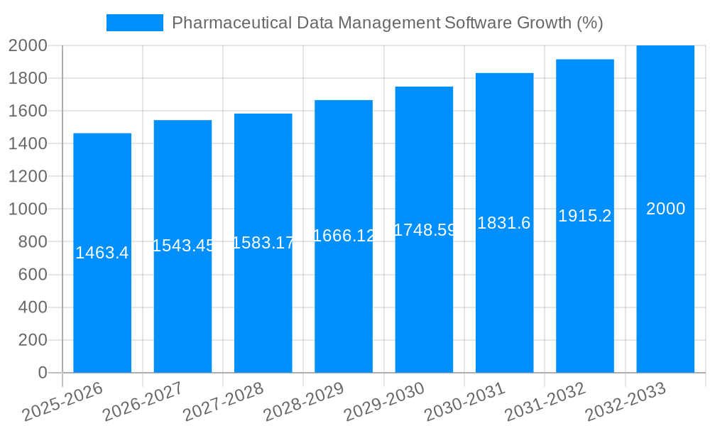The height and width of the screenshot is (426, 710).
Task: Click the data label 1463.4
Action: (102, 253)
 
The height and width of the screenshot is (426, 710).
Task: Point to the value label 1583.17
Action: (263, 243)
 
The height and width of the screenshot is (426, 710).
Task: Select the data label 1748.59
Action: (424, 229)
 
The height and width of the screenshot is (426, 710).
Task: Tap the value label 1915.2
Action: (584, 216)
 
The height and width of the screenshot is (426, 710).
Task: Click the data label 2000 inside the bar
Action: (665, 209)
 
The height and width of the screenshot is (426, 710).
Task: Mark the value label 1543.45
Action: (183, 246)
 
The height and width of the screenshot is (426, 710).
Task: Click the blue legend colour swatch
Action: (134, 23)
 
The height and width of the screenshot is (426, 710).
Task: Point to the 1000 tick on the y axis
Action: (28, 209)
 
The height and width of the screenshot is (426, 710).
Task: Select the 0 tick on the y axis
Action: (42, 373)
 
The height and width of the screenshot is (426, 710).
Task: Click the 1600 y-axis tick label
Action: (28, 111)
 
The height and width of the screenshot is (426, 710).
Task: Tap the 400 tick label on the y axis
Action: (32, 307)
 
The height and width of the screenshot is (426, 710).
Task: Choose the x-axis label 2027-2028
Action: (224, 402)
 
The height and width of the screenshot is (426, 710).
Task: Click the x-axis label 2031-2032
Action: (545, 402)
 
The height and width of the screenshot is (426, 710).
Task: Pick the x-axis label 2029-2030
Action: (384, 402)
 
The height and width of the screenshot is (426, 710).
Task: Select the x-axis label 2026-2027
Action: (143, 402)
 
